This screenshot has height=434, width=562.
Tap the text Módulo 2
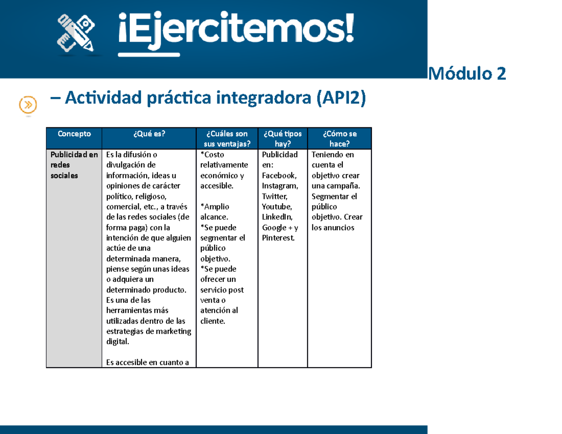[x=467, y=74]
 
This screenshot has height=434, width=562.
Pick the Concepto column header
[x=74, y=133]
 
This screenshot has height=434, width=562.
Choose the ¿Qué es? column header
[x=149, y=133]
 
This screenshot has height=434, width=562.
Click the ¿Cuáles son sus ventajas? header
[x=226, y=139]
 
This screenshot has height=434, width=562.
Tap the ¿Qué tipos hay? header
[x=282, y=139]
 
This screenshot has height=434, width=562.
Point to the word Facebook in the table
[x=279, y=175]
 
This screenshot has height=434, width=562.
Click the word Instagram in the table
[x=280, y=186]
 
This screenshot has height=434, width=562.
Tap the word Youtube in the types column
[x=277, y=206]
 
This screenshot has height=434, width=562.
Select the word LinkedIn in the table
[x=277, y=217]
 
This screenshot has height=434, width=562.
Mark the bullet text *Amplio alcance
[x=214, y=212]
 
